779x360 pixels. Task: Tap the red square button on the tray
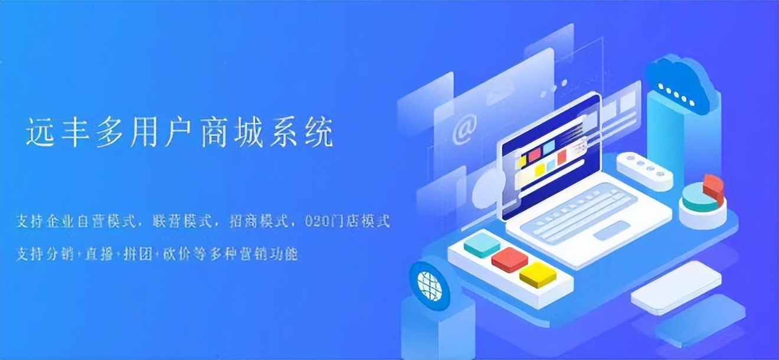coord(509,260)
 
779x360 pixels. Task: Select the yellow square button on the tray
coord(537,274)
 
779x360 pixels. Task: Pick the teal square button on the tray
coord(482,244)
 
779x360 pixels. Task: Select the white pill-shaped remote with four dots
coord(644,171)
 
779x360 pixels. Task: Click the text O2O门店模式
coord(348,222)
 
